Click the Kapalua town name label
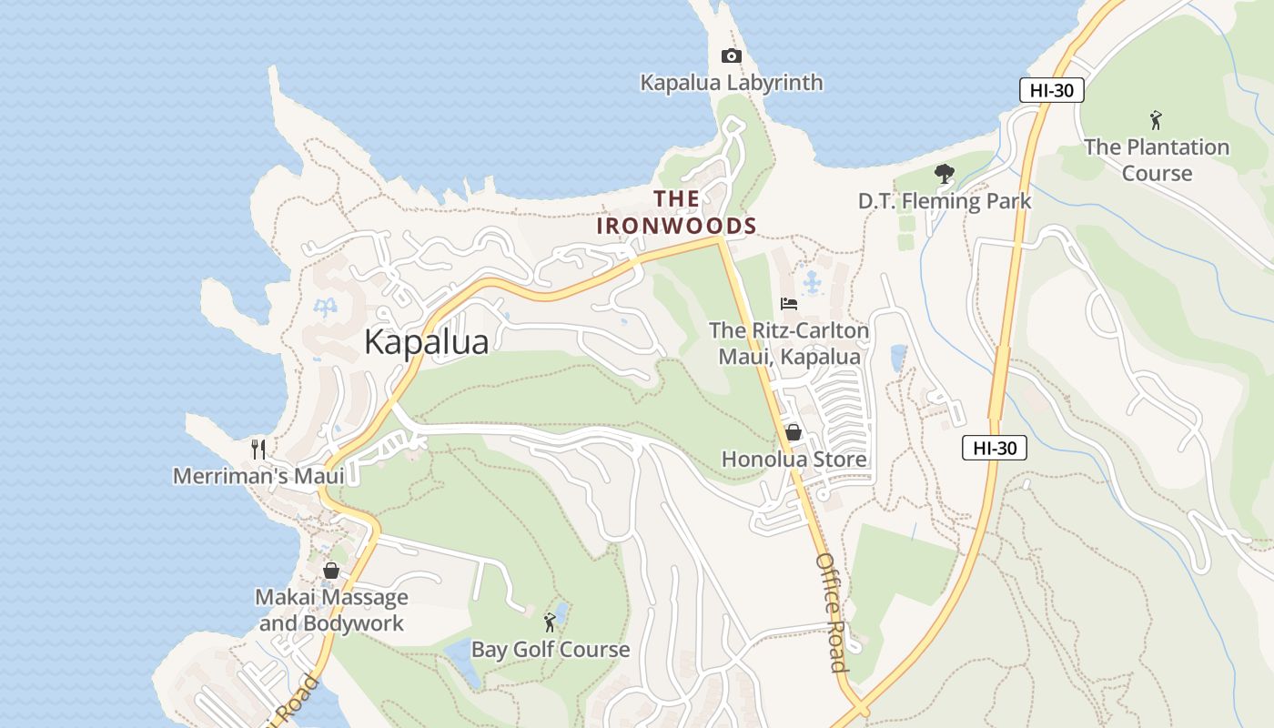click(426, 342)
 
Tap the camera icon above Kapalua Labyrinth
click(731, 56)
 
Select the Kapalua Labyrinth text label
click(732, 83)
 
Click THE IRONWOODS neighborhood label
click(677, 212)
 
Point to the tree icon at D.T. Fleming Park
click(945, 173)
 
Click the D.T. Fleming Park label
click(945, 201)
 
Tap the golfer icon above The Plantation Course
click(1156, 119)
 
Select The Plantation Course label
click(1157, 160)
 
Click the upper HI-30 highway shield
click(1051, 90)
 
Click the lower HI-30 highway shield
click(994, 448)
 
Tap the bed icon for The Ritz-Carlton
click(789, 304)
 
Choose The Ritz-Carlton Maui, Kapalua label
click(789, 344)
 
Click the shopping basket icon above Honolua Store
click(794, 432)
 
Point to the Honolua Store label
click(794, 460)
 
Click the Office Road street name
click(832, 612)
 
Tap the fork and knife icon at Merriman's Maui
click(258, 449)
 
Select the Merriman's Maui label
click(258, 476)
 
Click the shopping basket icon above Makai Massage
click(331, 571)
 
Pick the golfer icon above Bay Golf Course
click(550, 622)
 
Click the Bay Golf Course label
click(550, 650)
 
